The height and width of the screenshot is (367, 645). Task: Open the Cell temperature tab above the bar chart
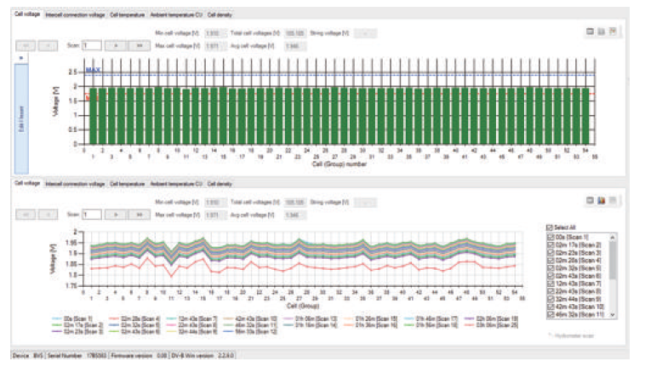(128, 15)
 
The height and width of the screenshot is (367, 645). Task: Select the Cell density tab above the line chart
(220, 183)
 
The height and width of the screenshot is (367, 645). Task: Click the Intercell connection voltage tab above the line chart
(76, 183)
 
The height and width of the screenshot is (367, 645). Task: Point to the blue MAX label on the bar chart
(94, 69)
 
